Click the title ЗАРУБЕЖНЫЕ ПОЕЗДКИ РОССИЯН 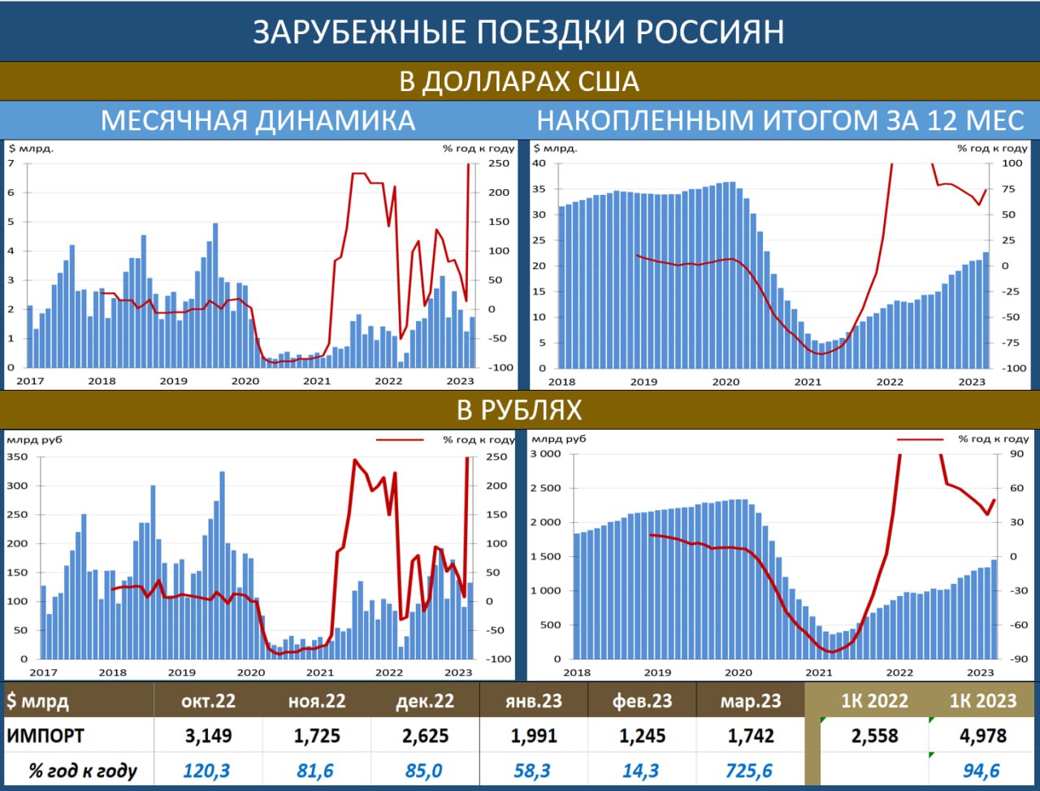pos(518,32)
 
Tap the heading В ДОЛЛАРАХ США pos(518,81)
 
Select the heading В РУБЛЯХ pos(518,409)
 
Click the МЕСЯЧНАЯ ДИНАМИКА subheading pos(258,120)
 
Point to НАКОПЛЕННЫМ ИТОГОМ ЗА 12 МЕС pos(780,120)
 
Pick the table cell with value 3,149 pos(208,736)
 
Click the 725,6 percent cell pos(749,770)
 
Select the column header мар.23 pos(750,701)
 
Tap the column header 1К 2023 pos(983,701)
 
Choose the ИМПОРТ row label pos(45,736)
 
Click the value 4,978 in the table pos(983,736)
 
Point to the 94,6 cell pos(981,770)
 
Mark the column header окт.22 pos(208,701)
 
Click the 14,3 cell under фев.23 pos(640,770)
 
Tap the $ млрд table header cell pos(38,701)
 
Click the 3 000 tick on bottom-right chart pos(545,454)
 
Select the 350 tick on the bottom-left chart pos(17,456)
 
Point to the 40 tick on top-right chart pos(539,163)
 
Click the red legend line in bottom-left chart pos(399,440)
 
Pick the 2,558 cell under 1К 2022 pos(874,736)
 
